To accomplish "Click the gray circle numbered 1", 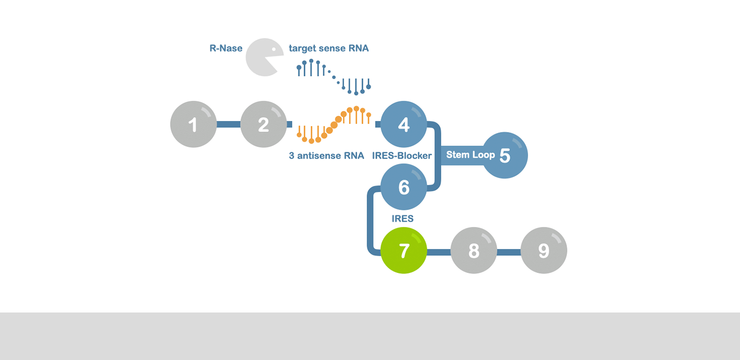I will (x=193, y=124).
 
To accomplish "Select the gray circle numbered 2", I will (x=263, y=124).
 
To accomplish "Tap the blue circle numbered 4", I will (x=403, y=124).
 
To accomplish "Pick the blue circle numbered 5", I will (x=505, y=155).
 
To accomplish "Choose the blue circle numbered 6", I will (x=403, y=187).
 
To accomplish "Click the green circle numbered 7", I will (x=403, y=250).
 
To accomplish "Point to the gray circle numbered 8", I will (x=473, y=250).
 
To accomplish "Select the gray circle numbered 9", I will (x=543, y=250).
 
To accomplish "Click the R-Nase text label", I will (x=225, y=48).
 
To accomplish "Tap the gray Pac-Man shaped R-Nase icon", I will (x=261, y=57).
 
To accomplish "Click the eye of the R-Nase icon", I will (x=273, y=49).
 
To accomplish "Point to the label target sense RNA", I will (x=328, y=48).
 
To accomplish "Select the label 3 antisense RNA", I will (x=326, y=155).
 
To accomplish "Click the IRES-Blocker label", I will (x=401, y=155).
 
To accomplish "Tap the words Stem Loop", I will (x=470, y=154).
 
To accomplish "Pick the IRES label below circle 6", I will (x=402, y=218).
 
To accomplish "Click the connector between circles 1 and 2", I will (x=228, y=124).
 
